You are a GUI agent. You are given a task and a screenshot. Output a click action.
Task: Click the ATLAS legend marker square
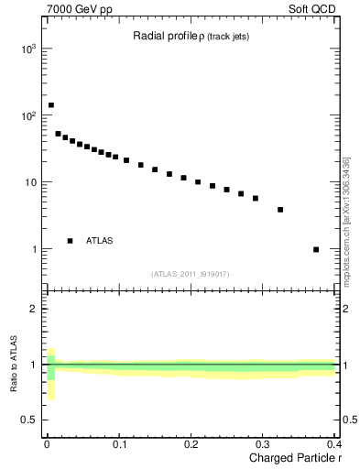click(x=70, y=241)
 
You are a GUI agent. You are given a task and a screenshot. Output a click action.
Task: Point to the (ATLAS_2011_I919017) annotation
click(x=190, y=273)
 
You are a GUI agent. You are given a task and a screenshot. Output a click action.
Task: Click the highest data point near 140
click(x=50, y=105)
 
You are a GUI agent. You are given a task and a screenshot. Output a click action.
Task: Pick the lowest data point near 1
click(x=316, y=249)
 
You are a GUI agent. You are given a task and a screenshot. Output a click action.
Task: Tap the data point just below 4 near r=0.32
click(x=280, y=210)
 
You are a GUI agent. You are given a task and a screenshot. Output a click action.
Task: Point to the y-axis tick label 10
click(x=28, y=182)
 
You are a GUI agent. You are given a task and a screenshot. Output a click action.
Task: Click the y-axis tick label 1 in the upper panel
click(x=32, y=249)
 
